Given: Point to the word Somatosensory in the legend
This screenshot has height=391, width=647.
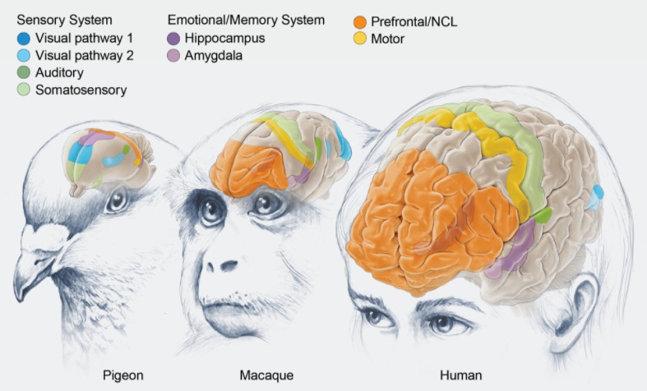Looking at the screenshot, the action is click(x=81, y=90).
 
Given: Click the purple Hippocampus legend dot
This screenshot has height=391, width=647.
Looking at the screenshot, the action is click(x=173, y=38).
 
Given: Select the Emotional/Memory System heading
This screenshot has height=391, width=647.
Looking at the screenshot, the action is click(x=246, y=20).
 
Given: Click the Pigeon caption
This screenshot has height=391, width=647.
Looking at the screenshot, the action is click(x=123, y=375).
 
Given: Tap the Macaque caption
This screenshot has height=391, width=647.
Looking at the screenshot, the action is click(x=266, y=375).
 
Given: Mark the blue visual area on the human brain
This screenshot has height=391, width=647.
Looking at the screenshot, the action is click(x=598, y=195).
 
